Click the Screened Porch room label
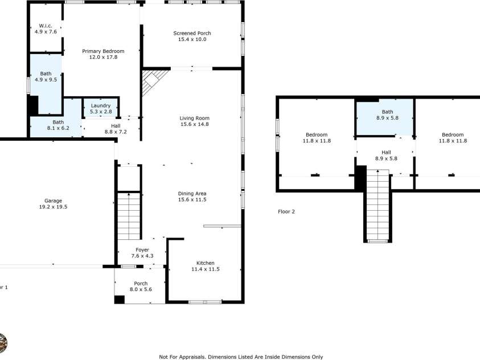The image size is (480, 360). (x=192, y=36)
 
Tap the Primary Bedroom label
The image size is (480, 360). (x=103, y=54)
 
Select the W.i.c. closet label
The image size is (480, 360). (x=46, y=29)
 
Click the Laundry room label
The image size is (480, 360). (x=100, y=109)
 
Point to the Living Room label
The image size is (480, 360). (x=195, y=121)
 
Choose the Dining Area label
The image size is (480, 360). (x=192, y=197)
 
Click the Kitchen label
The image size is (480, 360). (x=205, y=266)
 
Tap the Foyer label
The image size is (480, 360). (x=142, y=253)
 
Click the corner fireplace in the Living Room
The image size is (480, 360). (x=153, y=83)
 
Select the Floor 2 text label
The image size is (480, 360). (x=286, y=211)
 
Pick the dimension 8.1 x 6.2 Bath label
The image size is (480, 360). (x=58, y=125)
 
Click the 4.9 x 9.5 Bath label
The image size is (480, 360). (x=46, y=76)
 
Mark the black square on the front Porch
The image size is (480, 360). (x=120, y=300)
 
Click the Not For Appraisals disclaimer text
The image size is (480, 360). (x=241, y=357)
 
